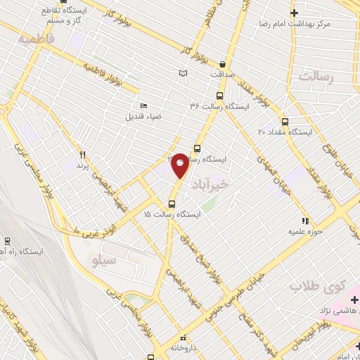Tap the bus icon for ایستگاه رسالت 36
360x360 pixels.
219,95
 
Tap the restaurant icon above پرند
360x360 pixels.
83,154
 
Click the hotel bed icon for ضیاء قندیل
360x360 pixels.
144,105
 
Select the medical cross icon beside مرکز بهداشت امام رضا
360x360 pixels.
295,13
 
